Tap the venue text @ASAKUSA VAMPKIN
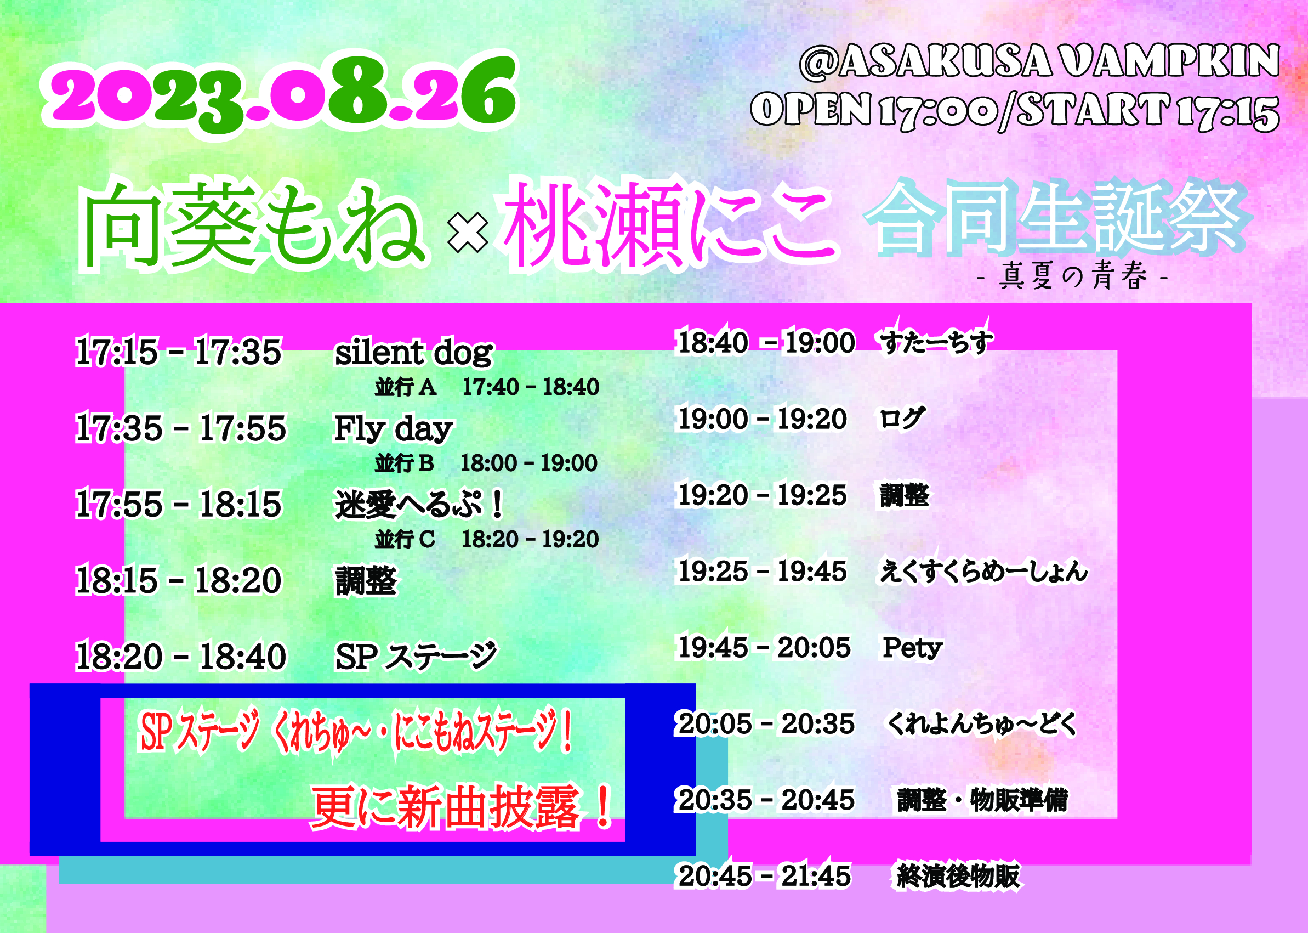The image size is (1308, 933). (x=1039, y=61)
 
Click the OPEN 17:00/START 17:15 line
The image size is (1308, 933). (x=1015, y=110)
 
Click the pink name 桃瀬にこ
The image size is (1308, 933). (x=669, y=224)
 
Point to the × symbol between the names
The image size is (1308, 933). (x=468, y=234)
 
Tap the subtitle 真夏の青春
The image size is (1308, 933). (x=1073, y=276)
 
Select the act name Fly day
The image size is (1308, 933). (x=394, y=428)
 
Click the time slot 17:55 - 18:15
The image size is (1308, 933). (x=179, y=505)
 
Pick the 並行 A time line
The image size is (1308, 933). (x=487, y=387)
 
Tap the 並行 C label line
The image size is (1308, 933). (x=487, y=539)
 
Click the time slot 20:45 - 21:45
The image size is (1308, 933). (x=764, y=876)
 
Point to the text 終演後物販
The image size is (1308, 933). (x=958, y=876)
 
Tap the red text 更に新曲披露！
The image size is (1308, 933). (x=463, y=807)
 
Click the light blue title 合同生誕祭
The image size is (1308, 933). (x=1056, y=218)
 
